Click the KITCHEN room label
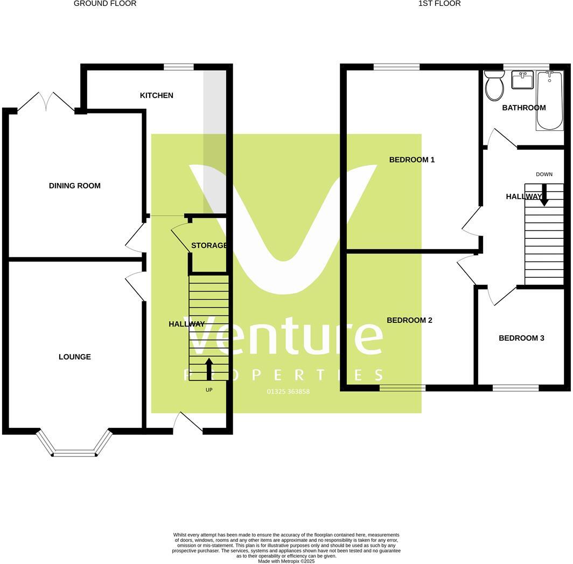[157, 95]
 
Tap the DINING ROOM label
[75, 186]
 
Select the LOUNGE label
[75, 357]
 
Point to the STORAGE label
[209, 245]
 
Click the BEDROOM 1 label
[412, 159]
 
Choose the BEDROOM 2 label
[409, 320]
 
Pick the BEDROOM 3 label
[521, 338]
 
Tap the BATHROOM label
[524, 108]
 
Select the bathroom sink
[522, 80]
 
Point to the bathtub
[549, 101]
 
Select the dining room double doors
[46, 102]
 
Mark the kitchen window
[179, 67]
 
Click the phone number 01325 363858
[288, 391]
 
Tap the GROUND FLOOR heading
[105, 4]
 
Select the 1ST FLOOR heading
[439, 4]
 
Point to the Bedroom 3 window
[515, 387]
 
